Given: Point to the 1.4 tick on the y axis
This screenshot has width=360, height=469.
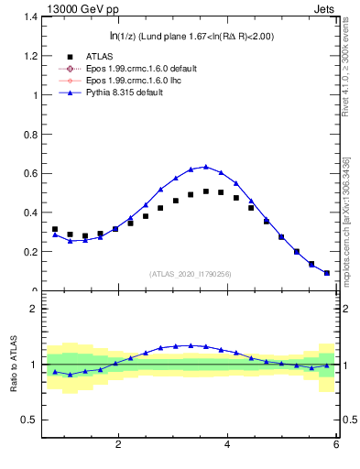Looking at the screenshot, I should tap(30, 17).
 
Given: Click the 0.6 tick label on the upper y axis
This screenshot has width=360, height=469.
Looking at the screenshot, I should tap(30, 173).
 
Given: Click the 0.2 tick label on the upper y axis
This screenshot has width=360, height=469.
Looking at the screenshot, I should tap(30, 252).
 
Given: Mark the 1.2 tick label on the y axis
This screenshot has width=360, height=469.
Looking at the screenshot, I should tap(30, 56).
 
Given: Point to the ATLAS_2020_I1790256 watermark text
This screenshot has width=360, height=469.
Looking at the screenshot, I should tap(191, 274).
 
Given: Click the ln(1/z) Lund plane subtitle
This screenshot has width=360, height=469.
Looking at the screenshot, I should tap(190, 36).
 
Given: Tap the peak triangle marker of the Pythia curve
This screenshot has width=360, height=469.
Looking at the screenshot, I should tap(206, 167).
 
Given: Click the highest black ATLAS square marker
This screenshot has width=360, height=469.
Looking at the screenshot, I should tap(206, 191).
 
